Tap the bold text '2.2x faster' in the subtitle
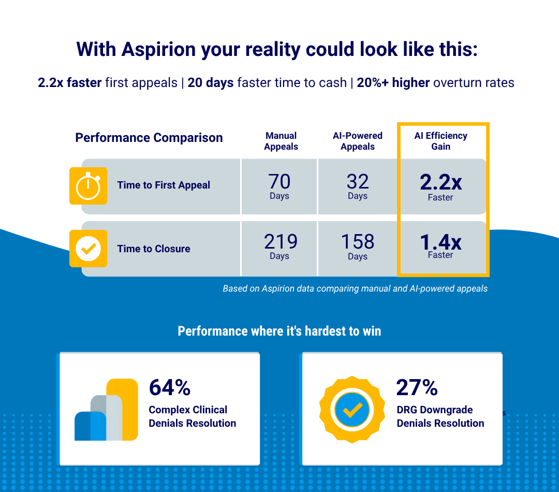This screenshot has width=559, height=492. (x=70, y=82)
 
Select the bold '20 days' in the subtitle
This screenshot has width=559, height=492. (x=210, y=82)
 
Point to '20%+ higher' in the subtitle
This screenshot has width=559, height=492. (x=393, y=82)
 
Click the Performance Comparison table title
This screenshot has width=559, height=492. (x=149, y=138)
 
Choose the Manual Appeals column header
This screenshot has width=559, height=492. (x=281, y=141)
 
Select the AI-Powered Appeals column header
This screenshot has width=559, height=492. (x=357, y=141)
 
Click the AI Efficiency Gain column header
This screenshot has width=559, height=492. (x=440, y=141)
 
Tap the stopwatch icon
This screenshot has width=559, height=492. (x=88, y=185)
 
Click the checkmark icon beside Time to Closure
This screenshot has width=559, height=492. (x=88, y=249)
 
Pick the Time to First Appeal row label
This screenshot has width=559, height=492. (x=164, y=185)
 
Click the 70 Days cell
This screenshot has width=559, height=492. (x=279, y=186)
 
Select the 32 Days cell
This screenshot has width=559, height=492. (x=357, y=186)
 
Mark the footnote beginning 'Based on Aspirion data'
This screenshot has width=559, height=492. (x=355, y=288)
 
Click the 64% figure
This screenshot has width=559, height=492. (x=170, y=387)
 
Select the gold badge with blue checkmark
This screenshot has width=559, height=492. (x=352, y=410)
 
